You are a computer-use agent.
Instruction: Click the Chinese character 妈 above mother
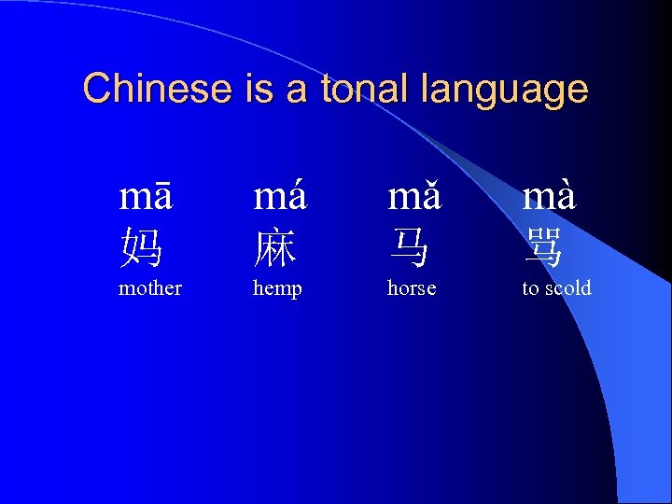pos(141,248)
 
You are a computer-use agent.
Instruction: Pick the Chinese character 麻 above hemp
pos(275,248)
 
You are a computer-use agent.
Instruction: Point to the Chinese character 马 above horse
pos(410,248)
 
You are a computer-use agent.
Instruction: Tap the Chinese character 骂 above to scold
pos(544,248)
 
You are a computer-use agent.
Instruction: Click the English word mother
pos(150,288)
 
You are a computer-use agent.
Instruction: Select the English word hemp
pos(277,289)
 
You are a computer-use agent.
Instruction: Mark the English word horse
pos(412,288)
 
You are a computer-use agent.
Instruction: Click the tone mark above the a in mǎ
pos(430,185)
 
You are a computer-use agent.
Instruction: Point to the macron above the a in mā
pos(161,186)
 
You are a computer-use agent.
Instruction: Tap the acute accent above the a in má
pos(297,185)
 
